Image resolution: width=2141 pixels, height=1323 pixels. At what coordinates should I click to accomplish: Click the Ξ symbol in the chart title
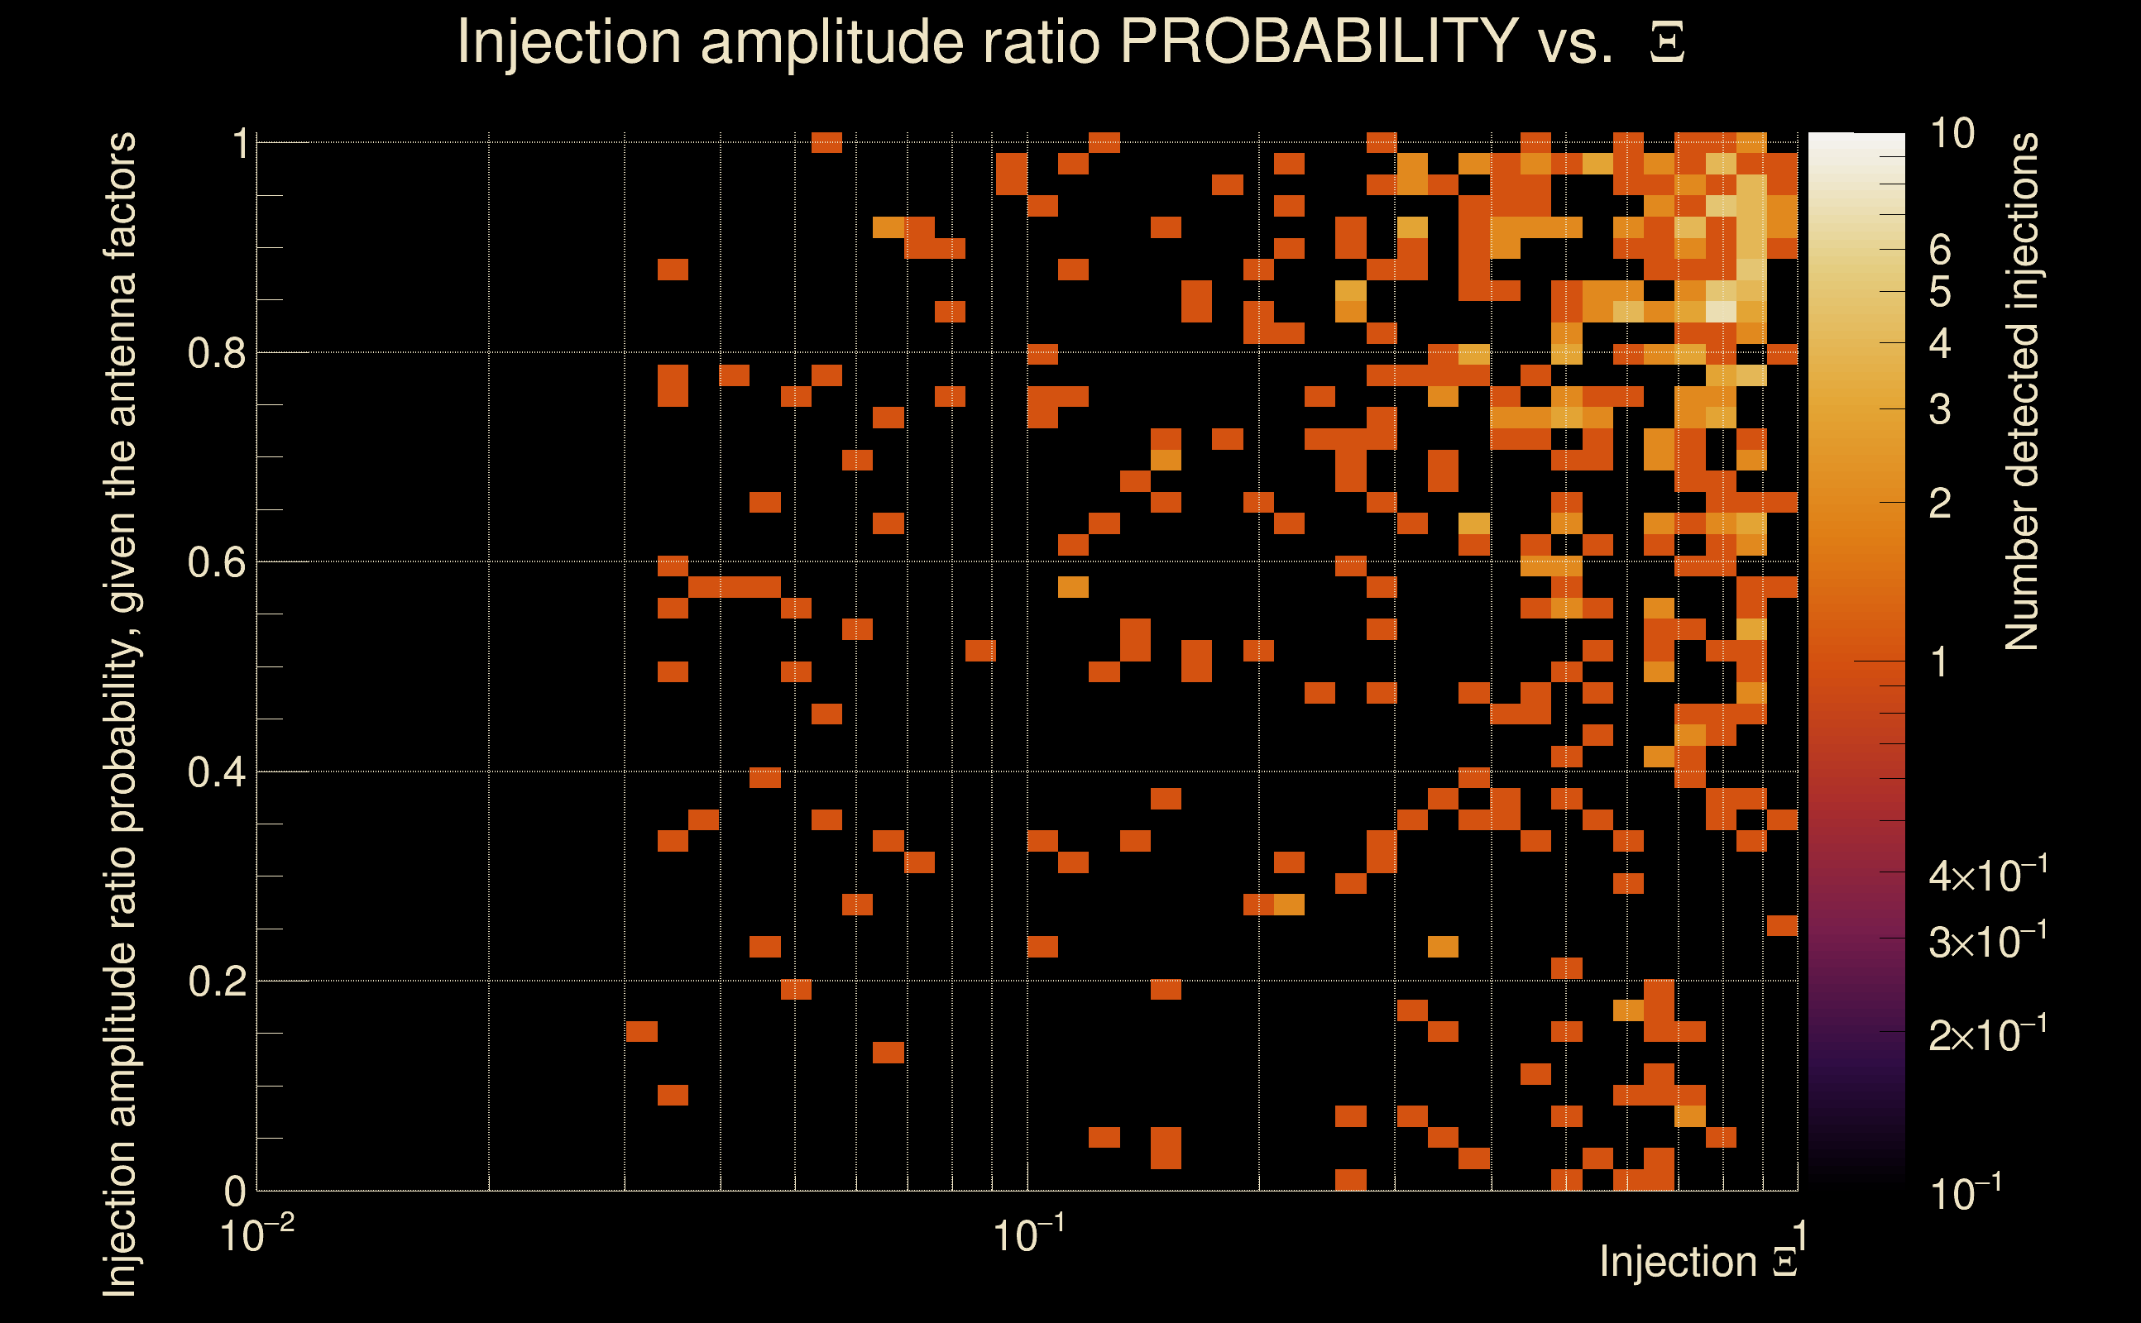[x=1667, y=43]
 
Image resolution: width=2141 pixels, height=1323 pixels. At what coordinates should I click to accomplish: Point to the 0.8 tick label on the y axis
[x=216, y=354]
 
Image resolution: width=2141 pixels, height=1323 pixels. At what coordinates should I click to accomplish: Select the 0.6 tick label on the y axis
[x=216, y=562]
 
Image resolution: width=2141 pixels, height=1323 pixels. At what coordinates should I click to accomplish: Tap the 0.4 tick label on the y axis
[x=216, y=772]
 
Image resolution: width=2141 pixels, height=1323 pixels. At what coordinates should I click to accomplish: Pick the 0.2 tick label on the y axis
[x=216, y=982]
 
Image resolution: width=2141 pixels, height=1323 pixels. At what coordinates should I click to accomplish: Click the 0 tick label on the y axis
[x=235, y=1191]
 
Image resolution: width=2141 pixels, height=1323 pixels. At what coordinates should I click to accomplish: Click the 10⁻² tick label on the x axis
[x=256, y=1235]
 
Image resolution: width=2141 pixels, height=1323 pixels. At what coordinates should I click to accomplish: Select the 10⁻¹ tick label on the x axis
[x=1027, y=1235]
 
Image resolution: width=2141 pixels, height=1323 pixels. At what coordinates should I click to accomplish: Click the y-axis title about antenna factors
[x=120, y=714]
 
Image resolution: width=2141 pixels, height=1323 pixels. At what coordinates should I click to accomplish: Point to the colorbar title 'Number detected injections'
[x=2021, y=391]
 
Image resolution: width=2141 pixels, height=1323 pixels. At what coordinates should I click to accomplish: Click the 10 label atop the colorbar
[x=1952, y=134]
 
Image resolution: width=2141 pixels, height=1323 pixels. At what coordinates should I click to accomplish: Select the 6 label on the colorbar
[x=1940, y=251]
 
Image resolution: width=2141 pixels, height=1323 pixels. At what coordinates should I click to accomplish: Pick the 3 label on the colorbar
[x=1940, y=409]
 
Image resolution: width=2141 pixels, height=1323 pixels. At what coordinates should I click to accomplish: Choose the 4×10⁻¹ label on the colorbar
[x=1987, y=876]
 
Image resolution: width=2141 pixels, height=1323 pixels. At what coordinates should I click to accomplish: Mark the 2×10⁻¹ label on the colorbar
[x=1987, y=1035]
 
